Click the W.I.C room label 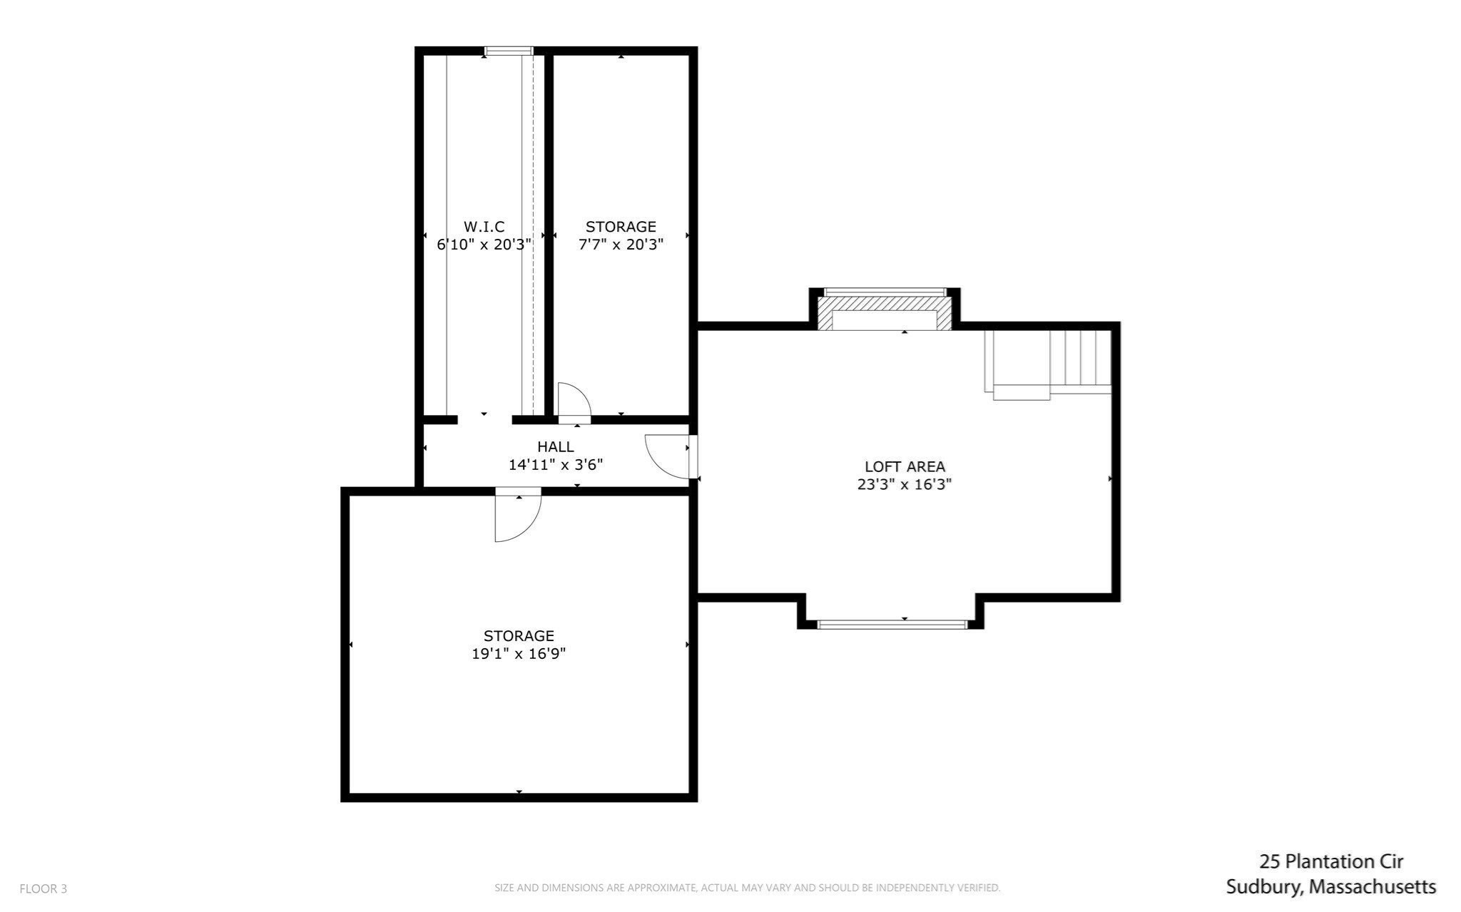point(484,227)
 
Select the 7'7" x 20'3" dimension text point(621,245)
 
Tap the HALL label point(555,447)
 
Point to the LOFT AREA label point(905,467)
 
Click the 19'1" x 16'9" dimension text point(519,654)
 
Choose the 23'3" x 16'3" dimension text point(905,485)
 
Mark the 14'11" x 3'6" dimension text point(555,465)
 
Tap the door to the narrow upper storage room point(574,401)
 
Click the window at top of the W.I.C point(509,51)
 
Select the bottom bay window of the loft point(891,625)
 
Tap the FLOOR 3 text point(43,889)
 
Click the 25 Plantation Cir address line point(1331,862)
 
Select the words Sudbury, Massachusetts point(1331,888)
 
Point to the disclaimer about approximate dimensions point(748,888)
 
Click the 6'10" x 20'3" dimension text point(484,245)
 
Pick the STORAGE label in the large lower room point(519,636)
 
